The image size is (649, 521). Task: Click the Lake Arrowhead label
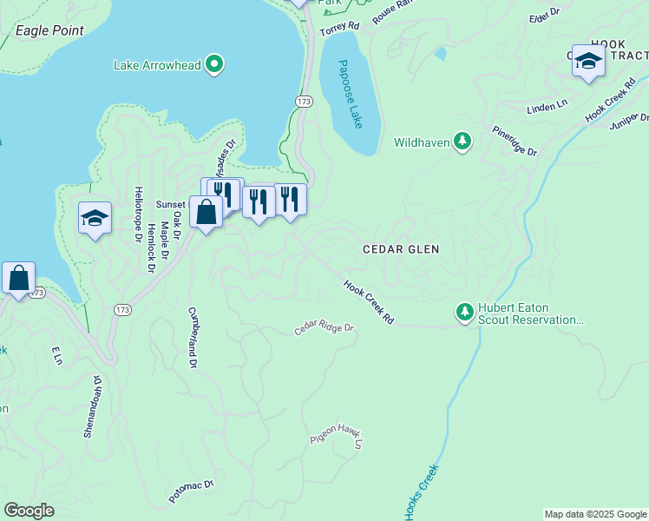click(x=157, y=65)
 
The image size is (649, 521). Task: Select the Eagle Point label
click(x=49, y=30)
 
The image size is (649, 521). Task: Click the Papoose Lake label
click(x=350, y=94)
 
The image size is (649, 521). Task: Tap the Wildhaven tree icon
click(x=463, y=142)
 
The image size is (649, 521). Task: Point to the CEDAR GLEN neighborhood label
click(x=401, y=249)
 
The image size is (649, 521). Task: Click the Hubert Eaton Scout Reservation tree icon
click(x=465, y=311)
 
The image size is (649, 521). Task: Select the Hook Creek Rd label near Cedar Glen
click(x=369, y=302)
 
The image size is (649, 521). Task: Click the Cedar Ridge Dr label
click(x=324, y=328)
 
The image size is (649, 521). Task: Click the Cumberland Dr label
click(x=192, y=337)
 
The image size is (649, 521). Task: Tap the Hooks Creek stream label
click(x=421, y=492)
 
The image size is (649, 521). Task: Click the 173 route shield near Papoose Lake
click(x=303, y=102)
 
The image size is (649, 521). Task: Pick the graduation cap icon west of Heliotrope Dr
click(x=95, y=217)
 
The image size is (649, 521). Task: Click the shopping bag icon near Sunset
click(x=206, y=212)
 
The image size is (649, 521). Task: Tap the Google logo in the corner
click(x=29, y=510)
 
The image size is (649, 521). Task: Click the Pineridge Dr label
click(x=515, y=142)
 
